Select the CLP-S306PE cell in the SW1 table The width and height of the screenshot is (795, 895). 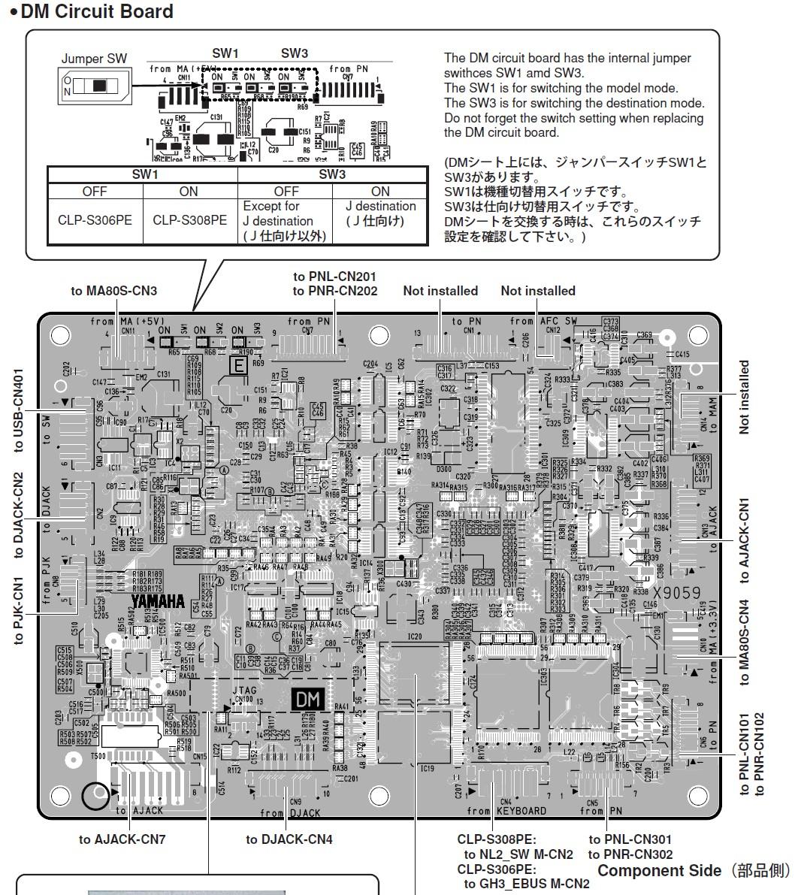click(95, 220)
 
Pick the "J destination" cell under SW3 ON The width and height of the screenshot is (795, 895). click(380, 213)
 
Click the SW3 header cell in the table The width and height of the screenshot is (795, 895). click(332, 174)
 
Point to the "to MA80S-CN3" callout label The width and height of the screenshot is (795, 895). click(114, 291)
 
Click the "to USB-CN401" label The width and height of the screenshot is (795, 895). click(18, 410)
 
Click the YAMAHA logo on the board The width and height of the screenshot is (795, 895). click(159, 601)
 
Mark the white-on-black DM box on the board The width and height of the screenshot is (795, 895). click(308, 700)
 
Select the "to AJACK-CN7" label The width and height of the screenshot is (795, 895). click(122, 839)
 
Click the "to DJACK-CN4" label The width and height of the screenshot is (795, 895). click(289, 839)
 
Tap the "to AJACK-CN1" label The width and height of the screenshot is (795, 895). click(744, 540)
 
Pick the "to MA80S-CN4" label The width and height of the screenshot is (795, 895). click(744, 641)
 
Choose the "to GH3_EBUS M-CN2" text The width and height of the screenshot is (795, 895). click(527, 884)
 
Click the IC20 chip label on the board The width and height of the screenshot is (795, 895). click(415, 636)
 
